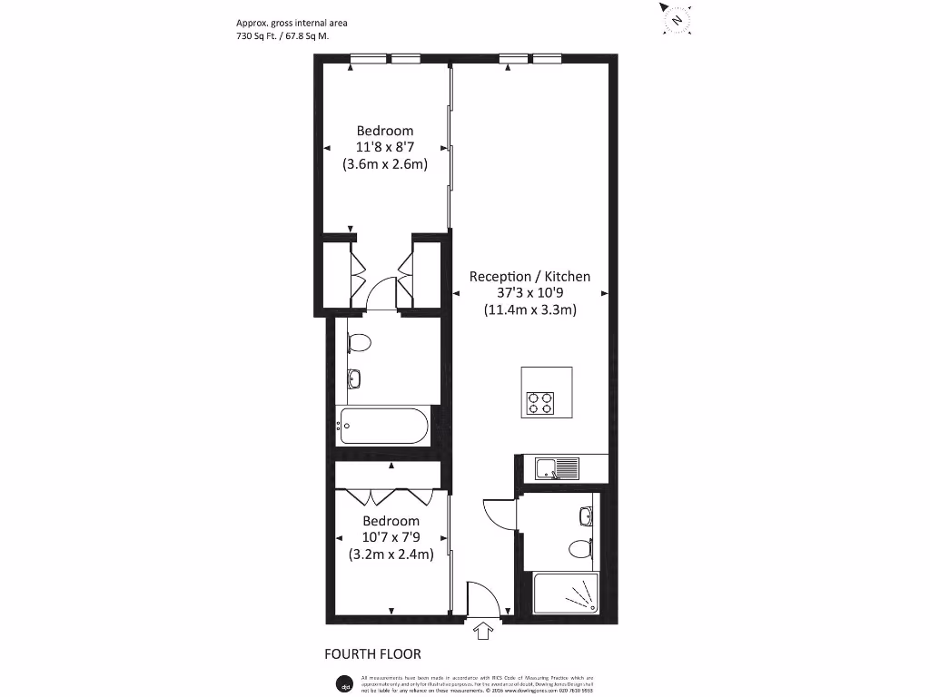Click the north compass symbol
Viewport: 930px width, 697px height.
[676, 19]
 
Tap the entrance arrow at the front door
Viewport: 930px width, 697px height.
[482, 629]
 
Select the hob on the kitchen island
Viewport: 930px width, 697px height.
[541, 401]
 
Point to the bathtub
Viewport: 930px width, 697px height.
[384, 426]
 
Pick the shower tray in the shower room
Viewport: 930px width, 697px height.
[566, 594]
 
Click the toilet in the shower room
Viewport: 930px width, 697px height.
[580, 547]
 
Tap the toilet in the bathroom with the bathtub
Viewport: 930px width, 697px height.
[359, 343]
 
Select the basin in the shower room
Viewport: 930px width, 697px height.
[585, 515]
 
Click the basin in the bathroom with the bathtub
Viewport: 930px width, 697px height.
[354, 378]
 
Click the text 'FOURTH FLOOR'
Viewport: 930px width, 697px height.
[372, 653]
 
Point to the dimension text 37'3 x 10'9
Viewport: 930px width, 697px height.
[529, 293]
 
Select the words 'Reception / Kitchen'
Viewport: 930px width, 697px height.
[529, 276]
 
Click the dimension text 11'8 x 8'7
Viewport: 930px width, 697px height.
[384, 147]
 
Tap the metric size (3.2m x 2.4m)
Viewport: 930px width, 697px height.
[391, 554]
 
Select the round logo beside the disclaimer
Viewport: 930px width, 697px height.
[343, 682]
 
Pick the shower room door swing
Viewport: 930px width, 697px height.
[499, 515]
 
